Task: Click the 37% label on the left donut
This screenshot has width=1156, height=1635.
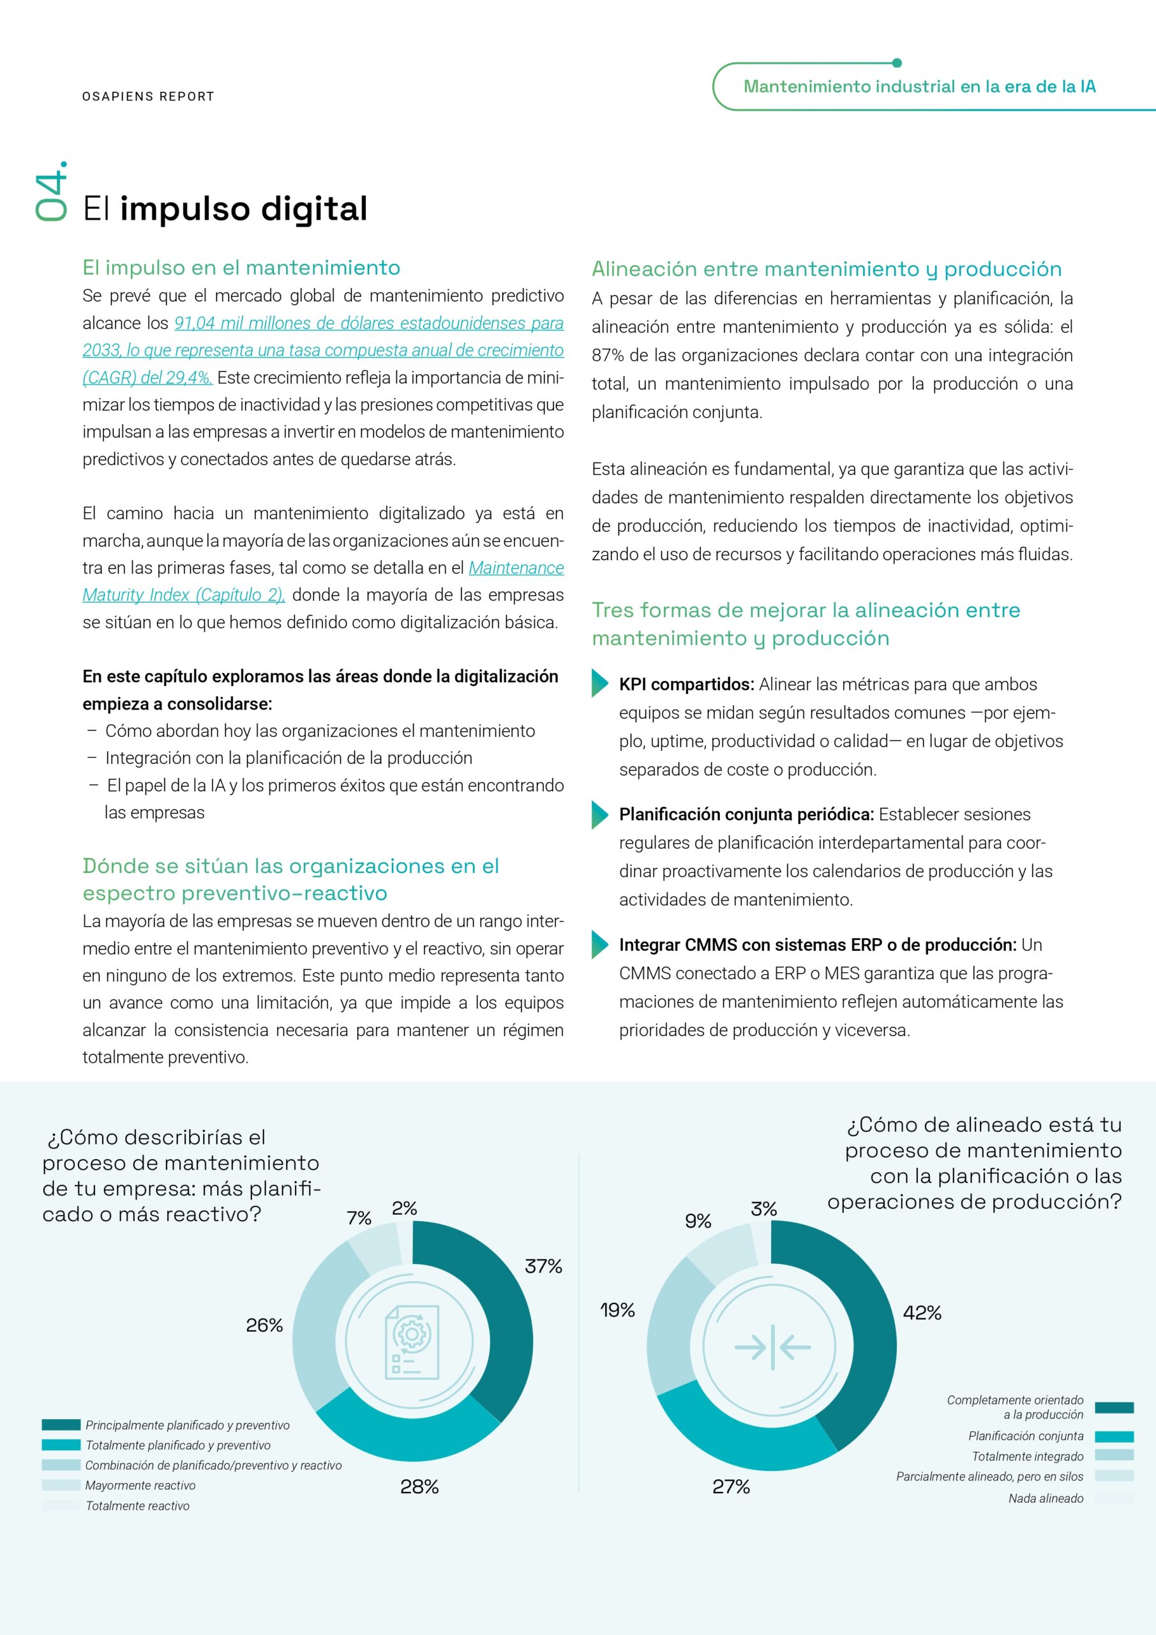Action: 543,1266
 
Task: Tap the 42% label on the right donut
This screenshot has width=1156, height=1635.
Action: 922,1312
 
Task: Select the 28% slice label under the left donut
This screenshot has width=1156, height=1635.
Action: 419,1486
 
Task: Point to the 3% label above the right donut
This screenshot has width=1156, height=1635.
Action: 764,1208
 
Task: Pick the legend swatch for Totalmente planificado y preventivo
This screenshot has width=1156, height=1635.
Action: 61,1445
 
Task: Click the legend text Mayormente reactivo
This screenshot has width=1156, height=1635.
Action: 140,1485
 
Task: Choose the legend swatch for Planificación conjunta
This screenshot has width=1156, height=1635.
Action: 1114,1436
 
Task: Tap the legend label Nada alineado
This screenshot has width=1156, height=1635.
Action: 1046,1498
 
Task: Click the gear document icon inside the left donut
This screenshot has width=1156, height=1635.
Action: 412,1342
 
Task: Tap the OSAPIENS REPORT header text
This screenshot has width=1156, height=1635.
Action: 148,96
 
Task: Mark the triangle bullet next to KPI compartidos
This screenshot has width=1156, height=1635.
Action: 599,683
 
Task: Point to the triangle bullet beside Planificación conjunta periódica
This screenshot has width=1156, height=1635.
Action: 599,816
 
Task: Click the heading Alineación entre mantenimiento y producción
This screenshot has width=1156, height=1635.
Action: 827,268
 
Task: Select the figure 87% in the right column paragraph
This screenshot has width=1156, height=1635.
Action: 607,355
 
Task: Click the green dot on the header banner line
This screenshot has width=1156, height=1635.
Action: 896,63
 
